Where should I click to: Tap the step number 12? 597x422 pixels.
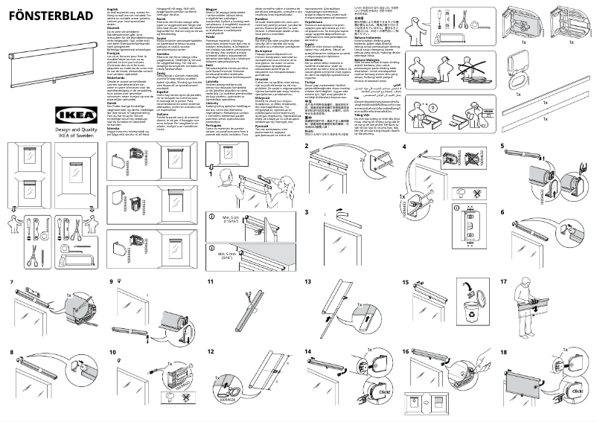(211, 351)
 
